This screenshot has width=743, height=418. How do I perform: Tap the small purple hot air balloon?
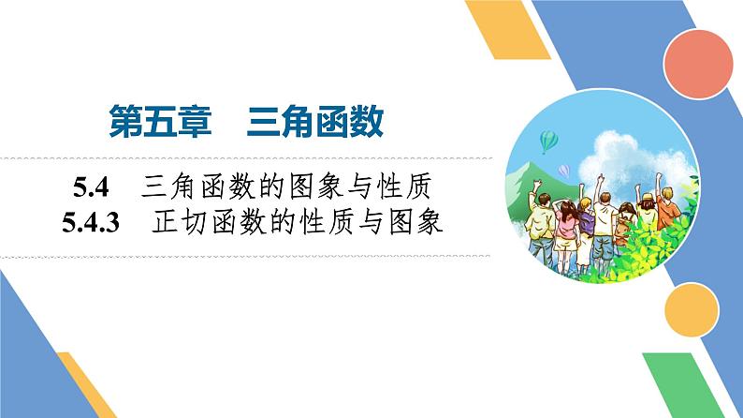click(563, 171)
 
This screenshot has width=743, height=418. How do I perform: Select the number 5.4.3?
click(98, 224)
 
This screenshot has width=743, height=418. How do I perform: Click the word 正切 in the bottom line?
click(178, 224)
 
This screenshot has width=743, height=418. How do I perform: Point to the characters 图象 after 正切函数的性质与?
click(412, 224)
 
